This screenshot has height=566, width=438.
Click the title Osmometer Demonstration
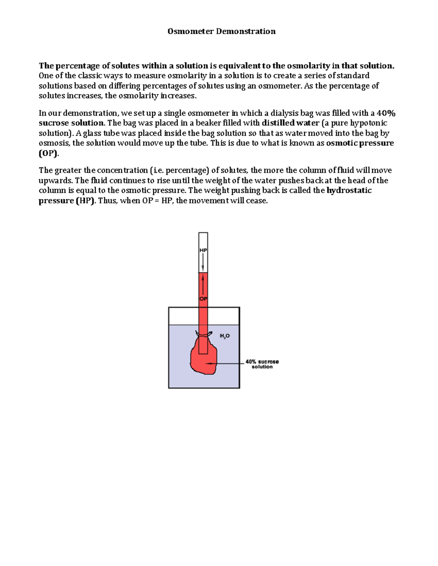click(221, 31)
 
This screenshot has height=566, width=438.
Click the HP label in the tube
click(203, 250)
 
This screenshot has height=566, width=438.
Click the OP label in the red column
click(203, 299)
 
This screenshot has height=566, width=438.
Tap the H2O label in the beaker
click(224, 336)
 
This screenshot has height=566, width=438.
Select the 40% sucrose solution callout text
click(262, 364)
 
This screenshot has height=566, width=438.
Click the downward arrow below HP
click(203, 262)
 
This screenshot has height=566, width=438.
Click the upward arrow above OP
click(203, 286)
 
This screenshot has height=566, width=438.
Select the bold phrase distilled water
click(291, 123)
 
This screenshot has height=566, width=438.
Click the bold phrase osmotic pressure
click(360, 143)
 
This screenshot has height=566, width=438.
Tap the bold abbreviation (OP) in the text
click(48, 153)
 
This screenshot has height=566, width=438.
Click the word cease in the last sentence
click(258, 201)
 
